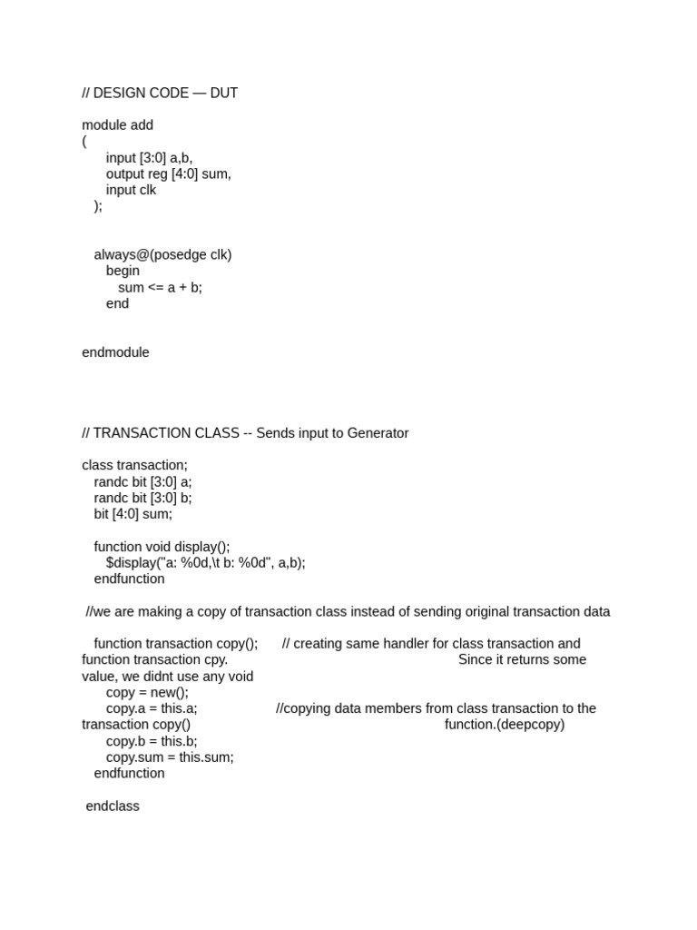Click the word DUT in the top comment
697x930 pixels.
pos(223,93)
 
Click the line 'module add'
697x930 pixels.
pos(117,125)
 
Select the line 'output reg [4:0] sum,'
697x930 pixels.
pos(168,173)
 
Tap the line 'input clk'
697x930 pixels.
pos(131,190)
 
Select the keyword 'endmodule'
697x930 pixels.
pos(115,352)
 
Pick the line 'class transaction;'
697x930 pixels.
pos(134,465)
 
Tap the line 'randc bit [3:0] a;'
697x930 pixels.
pos(142,481)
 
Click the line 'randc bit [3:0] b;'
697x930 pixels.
pos(142,498)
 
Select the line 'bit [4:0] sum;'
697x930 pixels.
pos(133,514)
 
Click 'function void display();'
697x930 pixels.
pos(162,547)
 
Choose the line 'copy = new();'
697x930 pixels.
pos(147,692)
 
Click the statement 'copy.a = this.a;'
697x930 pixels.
pos(152,708)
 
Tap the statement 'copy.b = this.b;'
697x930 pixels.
pos(152,741)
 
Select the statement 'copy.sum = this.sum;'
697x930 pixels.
pos(170,757)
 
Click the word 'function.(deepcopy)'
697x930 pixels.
pos(504,725)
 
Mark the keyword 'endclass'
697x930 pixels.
pos(113,806)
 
